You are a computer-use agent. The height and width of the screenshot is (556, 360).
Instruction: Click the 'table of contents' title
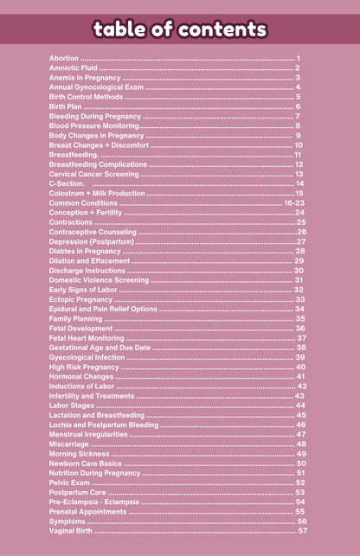click(x=180, y=30)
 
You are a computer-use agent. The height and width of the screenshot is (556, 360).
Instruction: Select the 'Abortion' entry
click(x=63, y=58)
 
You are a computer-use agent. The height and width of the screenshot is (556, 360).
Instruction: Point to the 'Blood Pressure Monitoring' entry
click(x=93, y=126)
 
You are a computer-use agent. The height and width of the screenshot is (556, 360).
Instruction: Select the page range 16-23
click(x=294, y=202)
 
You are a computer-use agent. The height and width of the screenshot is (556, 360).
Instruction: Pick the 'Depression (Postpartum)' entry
click(x=89, y=241)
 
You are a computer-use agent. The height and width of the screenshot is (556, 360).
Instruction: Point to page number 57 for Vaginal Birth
click(x=302, y=531)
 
